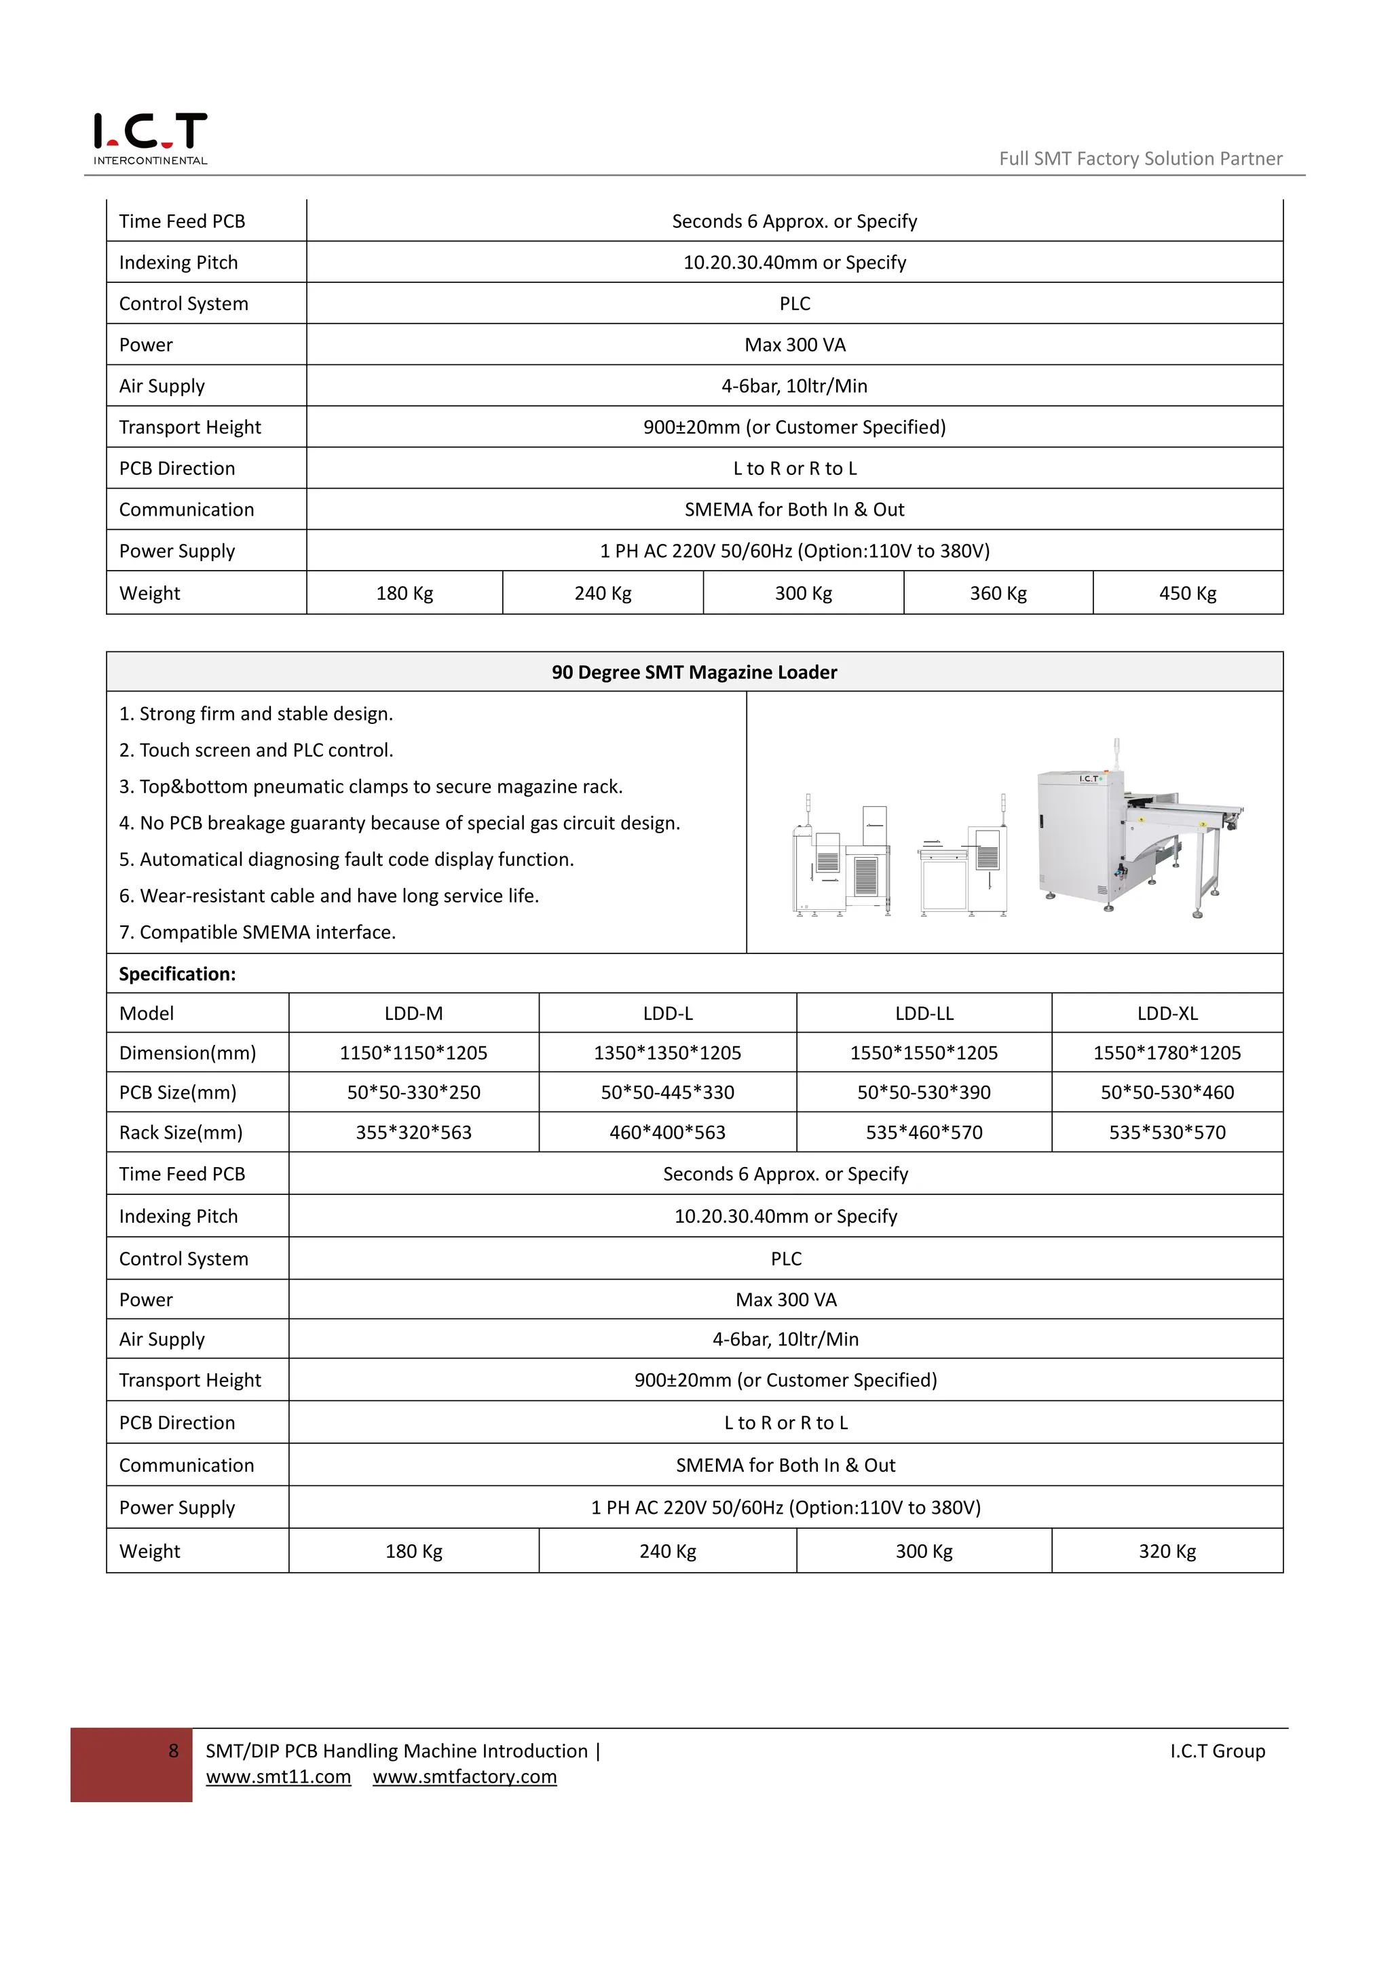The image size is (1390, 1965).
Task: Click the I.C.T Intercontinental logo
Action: coord(150,137)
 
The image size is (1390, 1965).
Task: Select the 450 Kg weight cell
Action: coord(1187,593)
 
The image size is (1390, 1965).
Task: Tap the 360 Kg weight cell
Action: coord(998,593)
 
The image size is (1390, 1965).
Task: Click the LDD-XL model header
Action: coord(1167,1013)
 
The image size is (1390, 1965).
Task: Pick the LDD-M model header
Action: coord(413,1013)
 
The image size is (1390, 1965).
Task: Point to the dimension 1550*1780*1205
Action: coord(1167,1052)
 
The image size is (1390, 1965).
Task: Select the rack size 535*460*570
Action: coord(924,1132)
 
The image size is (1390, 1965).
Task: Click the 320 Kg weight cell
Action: coord(1167,1551)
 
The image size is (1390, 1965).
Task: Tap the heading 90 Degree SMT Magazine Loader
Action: coord(694,672)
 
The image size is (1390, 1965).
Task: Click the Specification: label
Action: coord(177,974)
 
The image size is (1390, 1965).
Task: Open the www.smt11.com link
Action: coord(278,1777)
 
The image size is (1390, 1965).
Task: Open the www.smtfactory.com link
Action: coord(465,1777)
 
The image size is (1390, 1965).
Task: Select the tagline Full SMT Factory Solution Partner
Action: coord(1140,158)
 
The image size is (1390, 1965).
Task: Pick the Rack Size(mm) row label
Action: coord(181,1132)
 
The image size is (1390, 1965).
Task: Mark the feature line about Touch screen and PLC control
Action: coord(257,750)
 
